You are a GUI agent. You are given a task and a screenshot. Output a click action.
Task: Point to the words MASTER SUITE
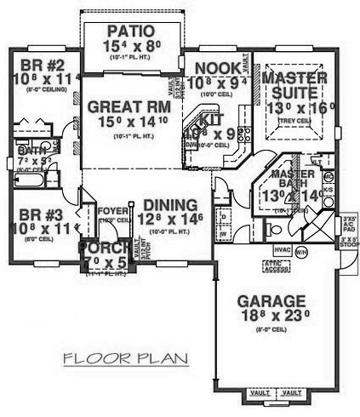click(294, 87)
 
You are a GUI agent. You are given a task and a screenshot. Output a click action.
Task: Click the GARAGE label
click(271, 300)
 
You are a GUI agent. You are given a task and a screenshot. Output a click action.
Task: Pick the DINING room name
click(170, 205)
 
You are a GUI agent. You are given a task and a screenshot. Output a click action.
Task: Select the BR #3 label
click(37, 213)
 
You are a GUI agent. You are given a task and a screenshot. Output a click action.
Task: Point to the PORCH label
click(100, 248)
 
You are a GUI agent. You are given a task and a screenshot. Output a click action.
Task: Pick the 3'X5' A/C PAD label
click(349, 224)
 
